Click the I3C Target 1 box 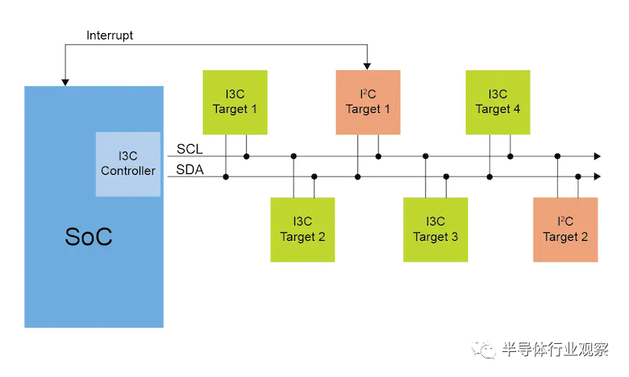[x=235, y=101]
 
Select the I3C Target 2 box [x=302, y=229]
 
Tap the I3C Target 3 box [x=435, y=229]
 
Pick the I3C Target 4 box [x=498, y=101]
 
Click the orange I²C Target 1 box [x=369, y=101]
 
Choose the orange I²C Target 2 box [x=565, y=229]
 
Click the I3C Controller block [x=127, y=164]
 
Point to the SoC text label [x=88, y=237]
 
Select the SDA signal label [x=191, y=170]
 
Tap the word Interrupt [x=110, y=35]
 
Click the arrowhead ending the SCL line [x=597, y=156]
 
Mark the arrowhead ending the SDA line [x=597, y=176]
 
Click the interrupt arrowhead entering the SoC [x=65, y=81]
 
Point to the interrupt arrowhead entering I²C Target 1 [x=368, y=66]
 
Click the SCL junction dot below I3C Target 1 [x=246, y=156]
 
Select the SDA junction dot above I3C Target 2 [x=314, y=176]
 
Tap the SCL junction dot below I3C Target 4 [x=509, y=156]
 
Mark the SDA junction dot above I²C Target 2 [x=577, y=176]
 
